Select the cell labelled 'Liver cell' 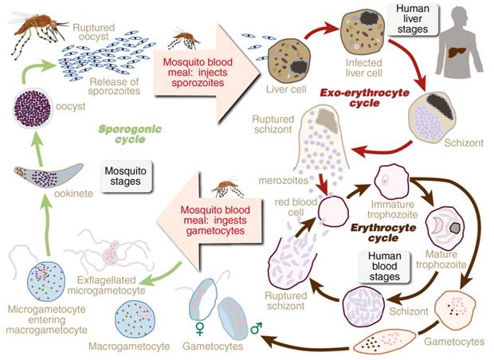(x=286, y=61)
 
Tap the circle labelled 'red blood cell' (x=334, y=211)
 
